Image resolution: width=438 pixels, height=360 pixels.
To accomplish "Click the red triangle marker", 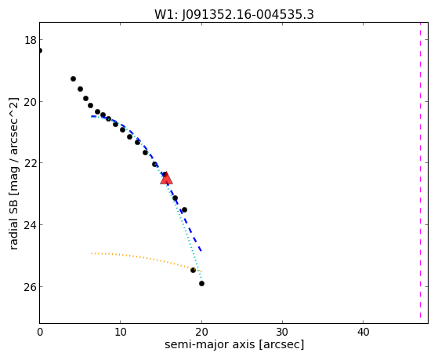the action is coord(166,179).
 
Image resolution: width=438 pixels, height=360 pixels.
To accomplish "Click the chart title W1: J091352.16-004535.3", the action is coord(234,14).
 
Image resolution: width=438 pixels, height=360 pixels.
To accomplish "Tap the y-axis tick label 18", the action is coord(31,40).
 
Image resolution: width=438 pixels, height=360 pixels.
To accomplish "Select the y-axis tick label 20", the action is coord(31,102).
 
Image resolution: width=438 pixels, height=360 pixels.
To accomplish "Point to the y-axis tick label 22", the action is coord(31,163).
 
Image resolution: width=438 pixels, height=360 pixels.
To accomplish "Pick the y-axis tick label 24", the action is coord(31,225).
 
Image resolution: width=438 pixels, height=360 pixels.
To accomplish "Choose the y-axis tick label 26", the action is coord(31,287).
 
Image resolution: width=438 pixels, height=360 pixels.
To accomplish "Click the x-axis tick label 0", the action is coord(40,332).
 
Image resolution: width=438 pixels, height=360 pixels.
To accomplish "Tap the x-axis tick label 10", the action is coord(121,332).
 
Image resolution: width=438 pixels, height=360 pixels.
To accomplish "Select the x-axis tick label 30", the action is coord(282,332).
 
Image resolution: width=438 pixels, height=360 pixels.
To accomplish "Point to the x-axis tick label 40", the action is coord(363,332).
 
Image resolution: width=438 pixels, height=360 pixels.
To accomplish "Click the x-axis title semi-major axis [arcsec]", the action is coord(234,344).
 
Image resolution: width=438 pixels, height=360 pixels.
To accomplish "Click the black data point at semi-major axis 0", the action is coord(40,51).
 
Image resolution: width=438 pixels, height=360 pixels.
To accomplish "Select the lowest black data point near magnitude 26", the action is coord(201,284).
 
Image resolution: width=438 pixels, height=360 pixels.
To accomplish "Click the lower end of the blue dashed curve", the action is coord(201,251).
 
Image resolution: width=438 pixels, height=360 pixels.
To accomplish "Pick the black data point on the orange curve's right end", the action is coord(193,271).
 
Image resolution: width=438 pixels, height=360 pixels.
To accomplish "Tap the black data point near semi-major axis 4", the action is coord(73,79).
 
